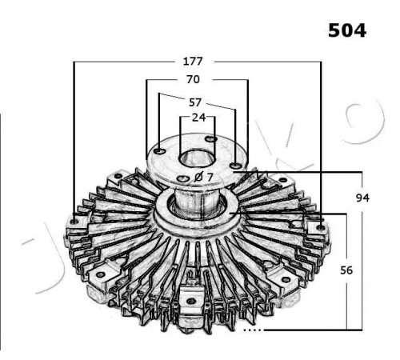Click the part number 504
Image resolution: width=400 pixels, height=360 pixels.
347,30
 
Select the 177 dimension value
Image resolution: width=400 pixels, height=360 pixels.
193,62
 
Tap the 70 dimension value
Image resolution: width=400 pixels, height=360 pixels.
193,79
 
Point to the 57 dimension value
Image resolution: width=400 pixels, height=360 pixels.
194,102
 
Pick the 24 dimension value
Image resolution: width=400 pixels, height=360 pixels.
199,118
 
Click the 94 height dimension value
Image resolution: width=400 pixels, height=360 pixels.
362,198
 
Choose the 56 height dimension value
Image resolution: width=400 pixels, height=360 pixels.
346,270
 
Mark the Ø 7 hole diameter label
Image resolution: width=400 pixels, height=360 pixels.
203,177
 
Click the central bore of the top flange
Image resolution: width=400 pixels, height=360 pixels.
198,158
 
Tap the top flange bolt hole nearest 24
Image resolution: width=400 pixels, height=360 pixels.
211,139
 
